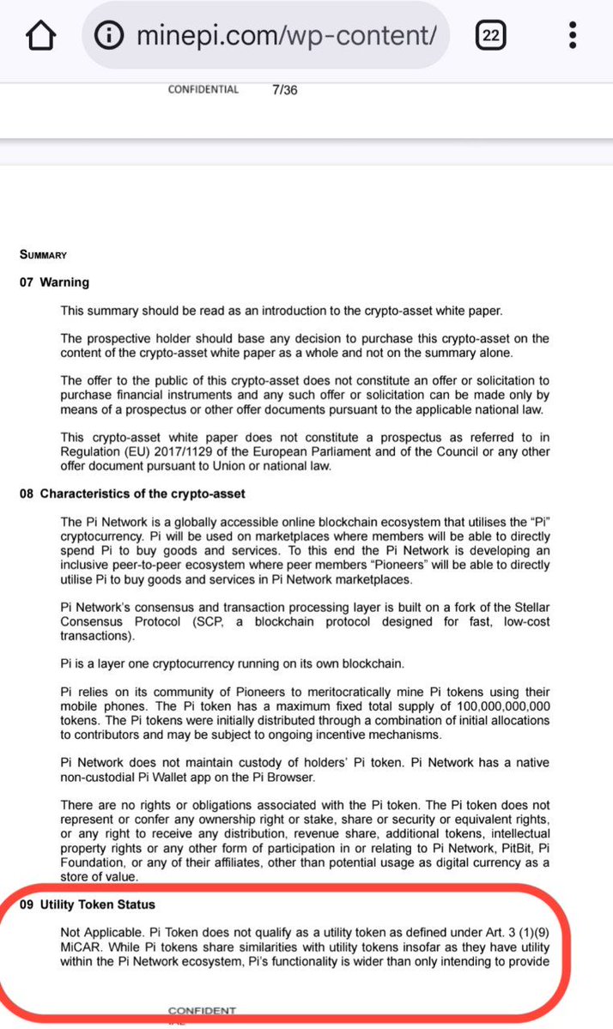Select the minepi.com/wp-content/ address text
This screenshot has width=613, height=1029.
(287, 36)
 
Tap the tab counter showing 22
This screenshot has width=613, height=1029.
(491, 35)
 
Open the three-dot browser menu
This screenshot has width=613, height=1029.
(573, 35)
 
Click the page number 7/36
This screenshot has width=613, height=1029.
(284, 89)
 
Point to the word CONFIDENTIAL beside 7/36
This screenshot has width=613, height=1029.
(203, 89)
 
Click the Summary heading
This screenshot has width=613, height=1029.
(43, 255)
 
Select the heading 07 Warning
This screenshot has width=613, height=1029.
(54, 282)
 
